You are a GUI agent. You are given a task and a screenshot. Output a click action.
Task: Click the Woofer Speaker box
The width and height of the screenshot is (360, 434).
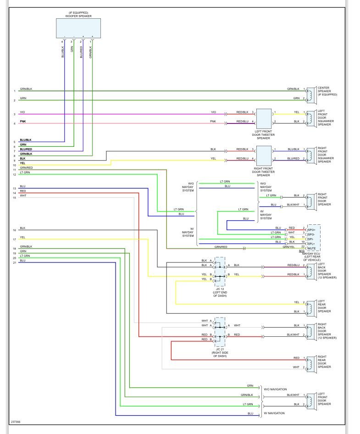click(78, 28)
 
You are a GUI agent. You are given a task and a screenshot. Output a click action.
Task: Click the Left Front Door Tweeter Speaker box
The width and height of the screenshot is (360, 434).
click(263, 119)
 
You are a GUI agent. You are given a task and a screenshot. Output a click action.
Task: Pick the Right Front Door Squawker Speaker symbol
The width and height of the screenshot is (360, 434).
click(311, 154)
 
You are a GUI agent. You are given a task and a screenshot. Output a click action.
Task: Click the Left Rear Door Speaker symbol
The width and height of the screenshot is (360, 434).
click(311, 307)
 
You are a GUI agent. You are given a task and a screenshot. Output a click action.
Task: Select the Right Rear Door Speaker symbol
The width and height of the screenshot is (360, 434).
click(311, 362)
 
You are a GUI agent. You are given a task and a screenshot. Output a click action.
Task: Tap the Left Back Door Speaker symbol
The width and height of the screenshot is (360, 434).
click(311, 270)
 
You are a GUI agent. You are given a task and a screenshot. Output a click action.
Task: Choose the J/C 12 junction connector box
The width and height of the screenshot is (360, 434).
click(220, 270)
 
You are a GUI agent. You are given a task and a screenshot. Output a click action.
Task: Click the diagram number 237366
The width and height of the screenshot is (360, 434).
click(16, 423)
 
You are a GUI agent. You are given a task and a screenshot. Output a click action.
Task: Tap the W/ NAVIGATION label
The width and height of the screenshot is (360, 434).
click(274, 413)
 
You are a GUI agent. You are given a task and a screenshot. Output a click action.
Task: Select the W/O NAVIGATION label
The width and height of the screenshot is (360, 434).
click(275, 389)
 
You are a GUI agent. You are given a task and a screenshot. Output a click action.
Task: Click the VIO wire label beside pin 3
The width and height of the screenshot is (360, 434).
click(22, 112)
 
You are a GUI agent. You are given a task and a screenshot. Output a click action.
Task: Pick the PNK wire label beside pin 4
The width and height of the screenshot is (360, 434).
click(22, 122)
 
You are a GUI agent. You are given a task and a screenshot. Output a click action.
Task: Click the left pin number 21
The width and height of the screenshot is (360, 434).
click(15, 262)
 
